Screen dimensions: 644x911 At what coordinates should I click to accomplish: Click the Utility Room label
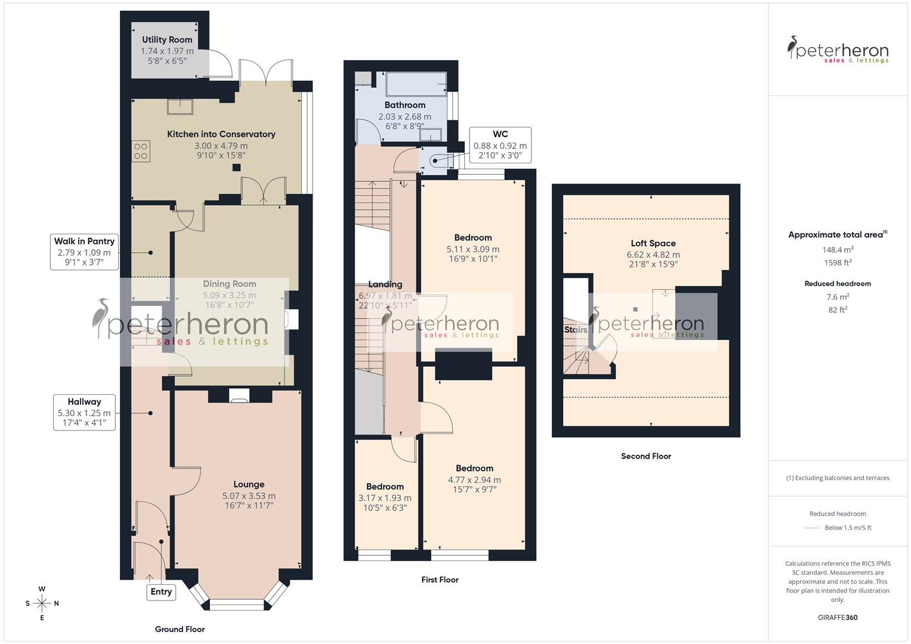[167, 40]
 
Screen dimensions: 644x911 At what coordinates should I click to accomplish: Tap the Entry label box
[161, 592]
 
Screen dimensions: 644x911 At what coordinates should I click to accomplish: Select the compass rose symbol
[42, 603]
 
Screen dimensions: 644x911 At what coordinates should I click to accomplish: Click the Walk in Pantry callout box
[84, 252]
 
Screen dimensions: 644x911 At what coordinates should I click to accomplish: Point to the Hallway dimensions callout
[84, 413]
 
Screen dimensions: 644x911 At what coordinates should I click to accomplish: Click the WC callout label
[500, 145]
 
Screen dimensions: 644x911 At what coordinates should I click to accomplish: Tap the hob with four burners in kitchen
[141, 151]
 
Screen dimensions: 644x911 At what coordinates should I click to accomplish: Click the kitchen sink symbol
[180, 106]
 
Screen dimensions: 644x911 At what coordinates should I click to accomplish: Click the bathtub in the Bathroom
[416, 84]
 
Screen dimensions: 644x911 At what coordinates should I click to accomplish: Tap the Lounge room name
[249, 484]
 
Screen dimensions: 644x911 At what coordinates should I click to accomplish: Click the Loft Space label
[653, 243]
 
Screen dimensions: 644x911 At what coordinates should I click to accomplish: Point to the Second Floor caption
[646, 456]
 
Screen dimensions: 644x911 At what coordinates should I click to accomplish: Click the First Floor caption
[440, 580]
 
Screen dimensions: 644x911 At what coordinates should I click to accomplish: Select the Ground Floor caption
[180, 629]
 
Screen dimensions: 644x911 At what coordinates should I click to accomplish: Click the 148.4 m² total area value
[838, 250]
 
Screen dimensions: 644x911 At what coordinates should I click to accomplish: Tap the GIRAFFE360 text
[838, 618]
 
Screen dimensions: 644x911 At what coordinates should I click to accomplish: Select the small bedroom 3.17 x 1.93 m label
[385, 498]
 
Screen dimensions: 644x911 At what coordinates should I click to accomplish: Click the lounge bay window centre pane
[237, 605]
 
